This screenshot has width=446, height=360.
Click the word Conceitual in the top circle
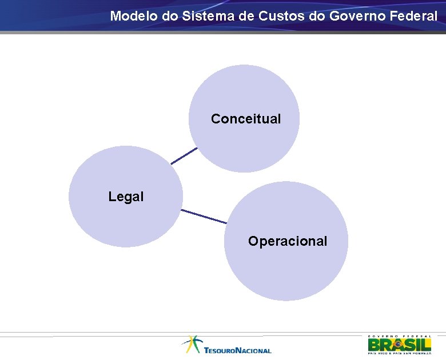click(246, 119)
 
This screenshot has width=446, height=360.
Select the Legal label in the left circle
click(126, 197)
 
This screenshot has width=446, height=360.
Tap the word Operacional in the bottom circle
click(288, 241)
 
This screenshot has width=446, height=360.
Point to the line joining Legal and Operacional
click(204, 217)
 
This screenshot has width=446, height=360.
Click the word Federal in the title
click(415, 16)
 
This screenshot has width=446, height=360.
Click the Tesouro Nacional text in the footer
click(237, 350)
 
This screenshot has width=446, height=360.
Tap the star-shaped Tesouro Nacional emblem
click(192, 344)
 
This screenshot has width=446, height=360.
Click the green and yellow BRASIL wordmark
click(399, 345)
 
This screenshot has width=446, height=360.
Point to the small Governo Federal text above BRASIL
click(399, 336)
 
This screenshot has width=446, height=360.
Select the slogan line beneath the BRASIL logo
click(399, 353)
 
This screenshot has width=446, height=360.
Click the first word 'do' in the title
click(170, 16)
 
